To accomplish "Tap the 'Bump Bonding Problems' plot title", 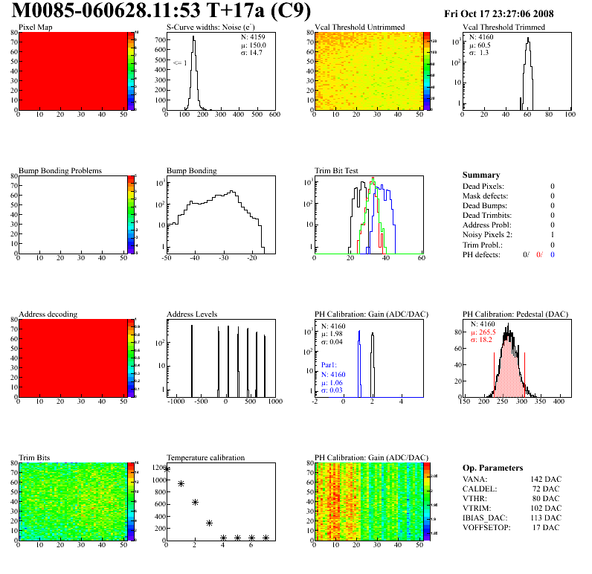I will (x=59, y=171).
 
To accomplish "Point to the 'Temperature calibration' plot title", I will (x=205, y=458).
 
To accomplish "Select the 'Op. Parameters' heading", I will (x=492, y=468).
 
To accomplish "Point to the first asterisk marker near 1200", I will (x=167, y=469).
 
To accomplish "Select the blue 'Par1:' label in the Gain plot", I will (x=329, y=366).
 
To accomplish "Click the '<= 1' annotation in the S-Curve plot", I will (x=180, y=63).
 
